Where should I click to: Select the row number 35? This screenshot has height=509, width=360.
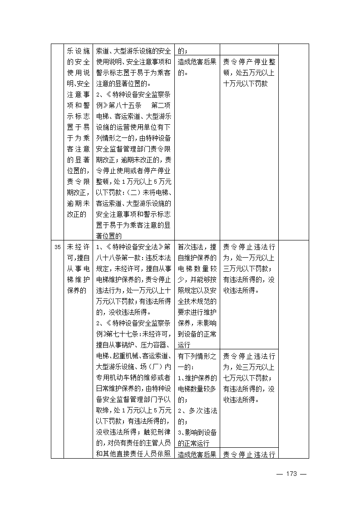click(57, 247)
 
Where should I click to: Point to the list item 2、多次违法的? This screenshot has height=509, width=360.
click(197, 416)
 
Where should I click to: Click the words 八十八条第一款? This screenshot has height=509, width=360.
click(118, 258)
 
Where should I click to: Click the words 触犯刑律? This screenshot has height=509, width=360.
click(154, 421)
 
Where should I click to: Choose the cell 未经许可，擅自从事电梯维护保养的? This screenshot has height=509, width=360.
click(79, 269)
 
